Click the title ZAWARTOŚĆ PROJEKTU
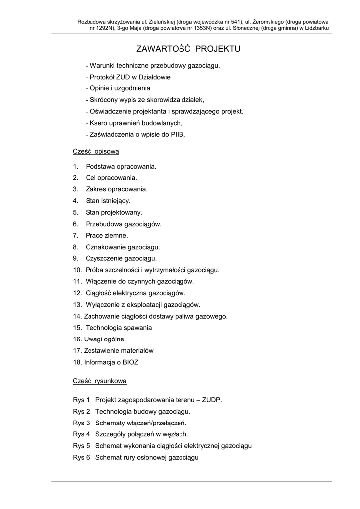(188, 49)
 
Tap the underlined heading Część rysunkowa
(99, 381)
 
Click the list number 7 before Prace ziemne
(75, 235)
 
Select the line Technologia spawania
(119, 328)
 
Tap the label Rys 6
(81, 457)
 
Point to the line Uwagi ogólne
(104, 339)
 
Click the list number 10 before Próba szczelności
(77, 270)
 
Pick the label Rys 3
(81, 423)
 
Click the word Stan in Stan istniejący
(92, 201)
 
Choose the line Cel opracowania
(111, 177)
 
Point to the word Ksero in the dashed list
(98, 123)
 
